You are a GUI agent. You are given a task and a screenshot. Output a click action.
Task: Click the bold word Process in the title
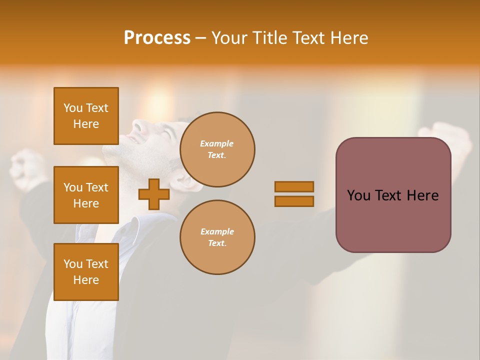(157, 38)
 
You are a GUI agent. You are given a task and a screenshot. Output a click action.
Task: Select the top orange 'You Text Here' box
(86, 116)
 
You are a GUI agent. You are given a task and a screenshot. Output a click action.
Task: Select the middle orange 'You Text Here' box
(86, 195)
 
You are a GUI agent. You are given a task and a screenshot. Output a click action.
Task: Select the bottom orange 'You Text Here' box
(86, 272)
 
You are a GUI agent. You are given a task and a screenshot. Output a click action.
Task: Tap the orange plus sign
(153, 194)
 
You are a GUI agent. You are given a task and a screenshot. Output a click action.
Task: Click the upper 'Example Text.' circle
(217, 149)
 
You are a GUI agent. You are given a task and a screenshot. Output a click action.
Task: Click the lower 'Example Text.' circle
(217, 237)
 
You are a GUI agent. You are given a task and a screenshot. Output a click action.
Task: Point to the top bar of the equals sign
(294, 186)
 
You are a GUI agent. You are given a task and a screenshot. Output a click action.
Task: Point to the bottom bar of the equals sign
(294, 201)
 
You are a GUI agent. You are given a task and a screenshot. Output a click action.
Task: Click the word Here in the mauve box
(422, 195)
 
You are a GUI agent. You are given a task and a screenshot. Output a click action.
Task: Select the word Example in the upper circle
(217, 144)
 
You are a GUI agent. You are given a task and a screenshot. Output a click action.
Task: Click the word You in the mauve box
(359, 195)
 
